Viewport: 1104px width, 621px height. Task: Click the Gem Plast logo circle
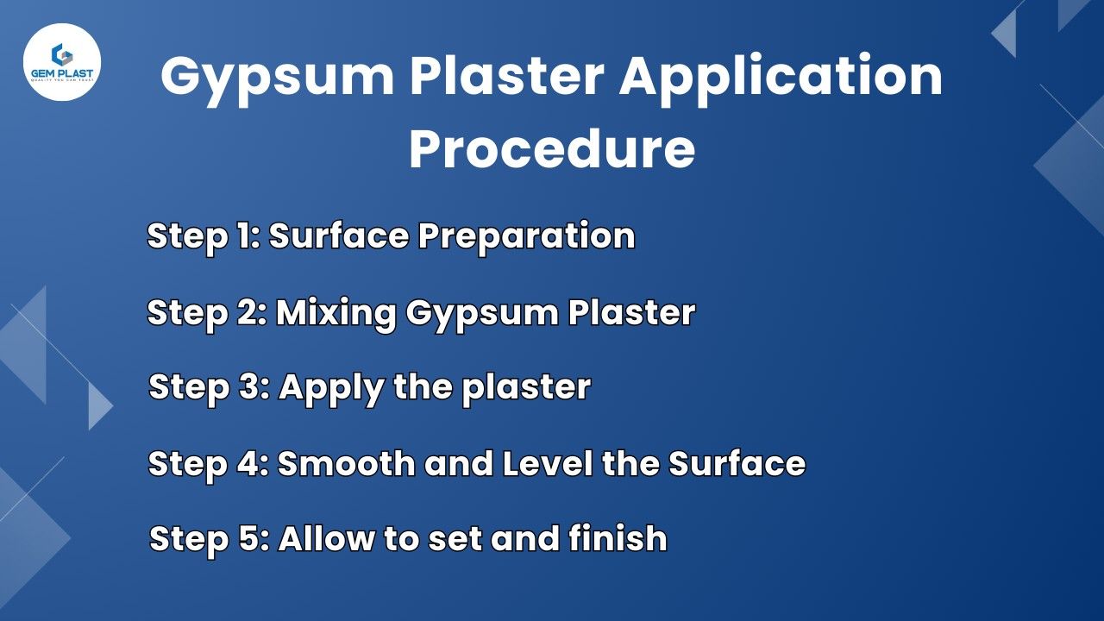point(62,62)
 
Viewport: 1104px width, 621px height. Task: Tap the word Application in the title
point(781,76)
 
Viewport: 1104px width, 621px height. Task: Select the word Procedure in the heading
point(552,148)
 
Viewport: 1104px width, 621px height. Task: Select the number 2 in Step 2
point(248,312)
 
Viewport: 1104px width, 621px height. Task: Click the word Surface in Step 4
point(737,464)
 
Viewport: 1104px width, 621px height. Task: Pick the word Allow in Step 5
point(325,539)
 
